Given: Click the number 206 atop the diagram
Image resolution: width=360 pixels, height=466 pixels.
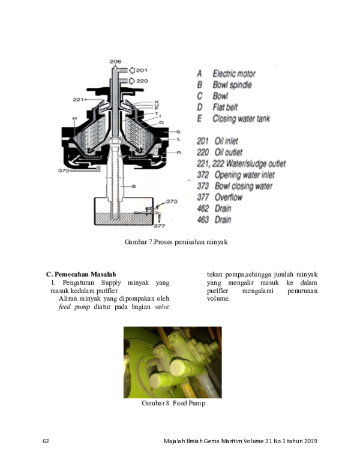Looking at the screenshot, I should [x=116, y=62].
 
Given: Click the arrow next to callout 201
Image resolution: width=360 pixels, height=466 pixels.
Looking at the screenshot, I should [x=132, y=70].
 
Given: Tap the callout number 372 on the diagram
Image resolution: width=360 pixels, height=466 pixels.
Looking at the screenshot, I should [x=64, y=171].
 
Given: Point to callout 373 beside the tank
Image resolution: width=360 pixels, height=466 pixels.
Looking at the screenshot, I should [x=172, y=202].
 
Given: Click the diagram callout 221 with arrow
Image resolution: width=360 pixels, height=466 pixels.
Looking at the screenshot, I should [x=80, y=99].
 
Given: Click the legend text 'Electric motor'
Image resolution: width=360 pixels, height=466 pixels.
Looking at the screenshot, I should [x=234, y=74].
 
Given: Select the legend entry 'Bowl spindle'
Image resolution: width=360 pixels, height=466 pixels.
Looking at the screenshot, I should [x=232, y=85].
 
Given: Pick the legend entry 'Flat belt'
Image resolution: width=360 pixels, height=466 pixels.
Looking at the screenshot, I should [x=228, y=107].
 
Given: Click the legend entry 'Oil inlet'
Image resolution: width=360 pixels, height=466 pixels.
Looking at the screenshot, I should [x=227, y=141].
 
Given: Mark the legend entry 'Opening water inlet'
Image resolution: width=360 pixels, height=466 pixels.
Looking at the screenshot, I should [x=244, y=175].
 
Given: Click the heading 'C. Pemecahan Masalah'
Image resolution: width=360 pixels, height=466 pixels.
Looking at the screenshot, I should [x=81, y=274].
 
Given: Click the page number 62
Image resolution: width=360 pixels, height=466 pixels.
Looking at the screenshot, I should [x=46, y=441].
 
